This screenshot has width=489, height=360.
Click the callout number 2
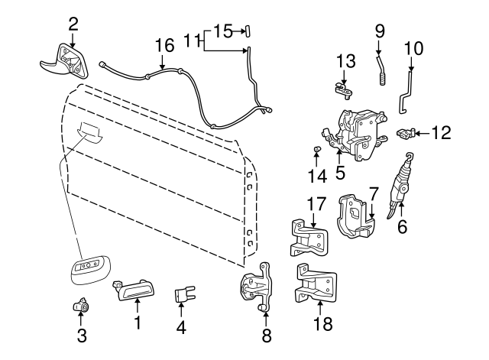click(x=73, y=24)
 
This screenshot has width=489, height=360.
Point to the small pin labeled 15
click(x=247, y=31)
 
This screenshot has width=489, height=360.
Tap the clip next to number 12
click(x=406, y=133)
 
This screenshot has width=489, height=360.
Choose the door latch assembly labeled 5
click(x=355, y=133)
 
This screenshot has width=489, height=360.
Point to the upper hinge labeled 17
click(x=310, y=238)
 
